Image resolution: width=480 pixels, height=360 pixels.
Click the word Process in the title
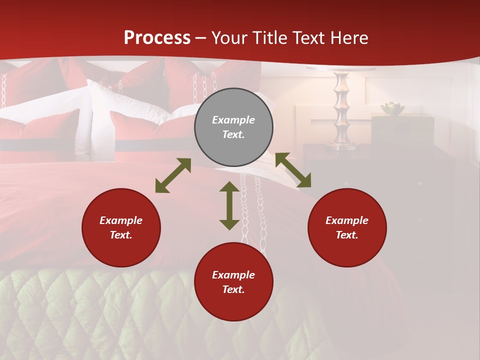coord(157,38)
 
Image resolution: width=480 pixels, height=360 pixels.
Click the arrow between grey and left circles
coord(173,175)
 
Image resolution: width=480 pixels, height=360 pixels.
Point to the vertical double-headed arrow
coord(229,205)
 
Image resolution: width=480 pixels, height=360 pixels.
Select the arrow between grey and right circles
coord(293,170)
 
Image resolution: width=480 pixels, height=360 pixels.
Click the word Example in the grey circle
coord(233,120)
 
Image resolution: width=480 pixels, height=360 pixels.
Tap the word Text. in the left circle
coord(121,235)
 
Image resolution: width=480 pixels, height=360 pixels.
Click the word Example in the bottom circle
coord(233,275)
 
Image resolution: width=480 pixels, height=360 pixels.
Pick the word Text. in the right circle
coord(347,235)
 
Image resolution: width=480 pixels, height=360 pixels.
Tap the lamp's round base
coord(342,146)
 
